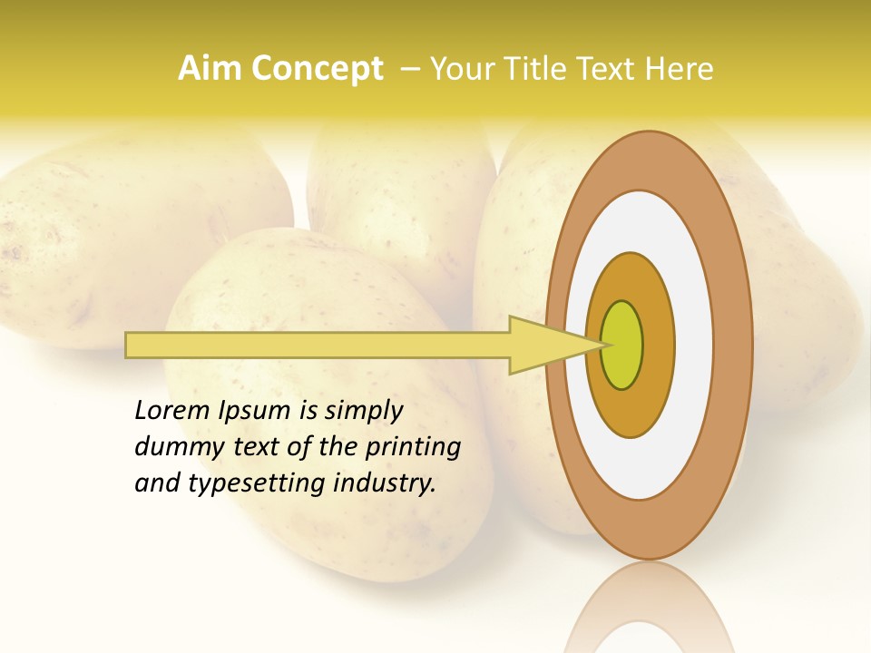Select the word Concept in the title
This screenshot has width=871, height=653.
click(317, 69)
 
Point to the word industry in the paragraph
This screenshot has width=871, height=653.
click(385, 483)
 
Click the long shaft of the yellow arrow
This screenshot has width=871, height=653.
click(318, 346)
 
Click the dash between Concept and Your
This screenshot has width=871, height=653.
click(409, 69)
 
